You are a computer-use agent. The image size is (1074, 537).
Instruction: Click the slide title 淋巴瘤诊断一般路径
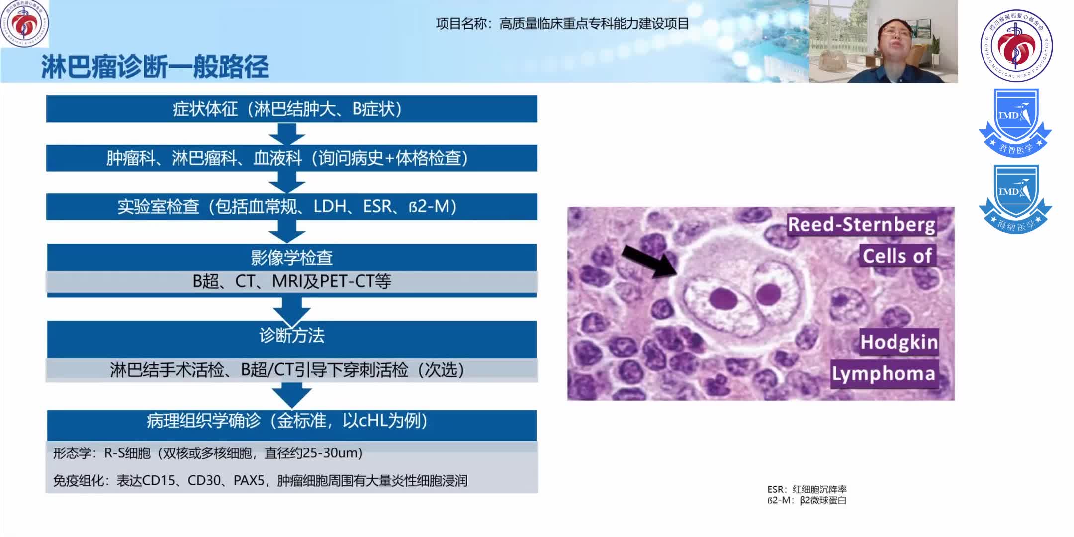[x=155, y=67]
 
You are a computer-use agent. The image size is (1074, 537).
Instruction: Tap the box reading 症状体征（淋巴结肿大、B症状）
[x=291, y=109]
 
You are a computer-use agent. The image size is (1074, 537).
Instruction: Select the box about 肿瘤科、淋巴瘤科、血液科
[x=291, y=158]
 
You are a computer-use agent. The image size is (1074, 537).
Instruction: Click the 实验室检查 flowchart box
[x=291, y=206]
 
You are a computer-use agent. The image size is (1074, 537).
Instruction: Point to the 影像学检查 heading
[x=291, y=257]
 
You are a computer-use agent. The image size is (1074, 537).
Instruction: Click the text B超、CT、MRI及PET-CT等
[x=291, y=281]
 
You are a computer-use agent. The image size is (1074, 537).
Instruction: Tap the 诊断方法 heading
[x=291, y=336]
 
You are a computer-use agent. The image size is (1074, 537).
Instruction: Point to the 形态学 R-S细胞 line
[x=208, y=453]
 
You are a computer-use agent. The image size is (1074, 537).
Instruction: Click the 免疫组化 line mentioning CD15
[x=260, y=481]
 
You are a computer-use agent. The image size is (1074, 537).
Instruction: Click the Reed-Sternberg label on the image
[x=861, y=225]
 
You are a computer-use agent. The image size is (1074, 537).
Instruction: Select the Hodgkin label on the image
[x=899, y=342]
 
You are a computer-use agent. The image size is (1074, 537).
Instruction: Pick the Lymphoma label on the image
[x=883, y=373]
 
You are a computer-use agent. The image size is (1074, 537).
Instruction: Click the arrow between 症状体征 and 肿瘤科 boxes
[x=287, y=134]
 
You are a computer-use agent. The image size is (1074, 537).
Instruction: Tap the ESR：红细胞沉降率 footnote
[x=806, y=489]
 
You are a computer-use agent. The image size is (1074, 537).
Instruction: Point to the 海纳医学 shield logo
[x=1015, y=199]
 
